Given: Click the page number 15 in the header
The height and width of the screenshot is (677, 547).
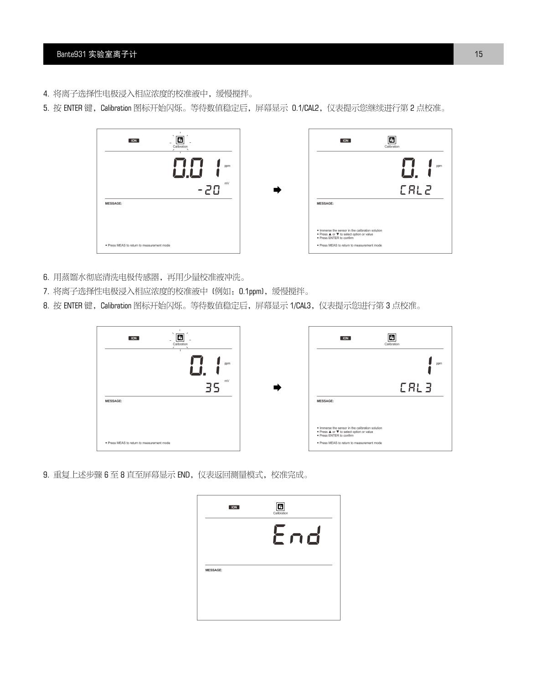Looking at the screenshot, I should (478, 54).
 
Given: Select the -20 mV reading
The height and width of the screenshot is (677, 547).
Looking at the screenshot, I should (209, 190).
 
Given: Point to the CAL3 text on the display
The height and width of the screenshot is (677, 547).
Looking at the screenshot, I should (416, 388).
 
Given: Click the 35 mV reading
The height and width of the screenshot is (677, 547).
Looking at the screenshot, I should (212, 388).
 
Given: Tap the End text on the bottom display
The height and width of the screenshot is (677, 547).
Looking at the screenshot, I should (297, 535).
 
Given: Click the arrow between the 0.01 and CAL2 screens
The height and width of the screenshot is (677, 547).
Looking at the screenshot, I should (277, 190).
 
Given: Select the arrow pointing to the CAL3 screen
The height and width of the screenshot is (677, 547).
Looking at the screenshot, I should (277, 388).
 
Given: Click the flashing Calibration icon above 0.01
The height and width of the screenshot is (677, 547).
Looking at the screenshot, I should (180, 141).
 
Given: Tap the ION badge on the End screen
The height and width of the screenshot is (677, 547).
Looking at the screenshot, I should (234, 507).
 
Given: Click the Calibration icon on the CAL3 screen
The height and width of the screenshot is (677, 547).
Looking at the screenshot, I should (392, 338).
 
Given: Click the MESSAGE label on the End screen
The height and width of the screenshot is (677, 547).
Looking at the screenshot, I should (214, 570).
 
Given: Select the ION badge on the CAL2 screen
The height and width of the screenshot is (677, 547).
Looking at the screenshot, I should (346, 141).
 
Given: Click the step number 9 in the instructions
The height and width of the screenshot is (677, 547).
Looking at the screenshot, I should (46, 475).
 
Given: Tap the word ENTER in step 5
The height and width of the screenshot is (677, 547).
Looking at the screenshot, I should (72, 109).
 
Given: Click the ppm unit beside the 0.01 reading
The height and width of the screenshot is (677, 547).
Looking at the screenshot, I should (227, 166).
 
